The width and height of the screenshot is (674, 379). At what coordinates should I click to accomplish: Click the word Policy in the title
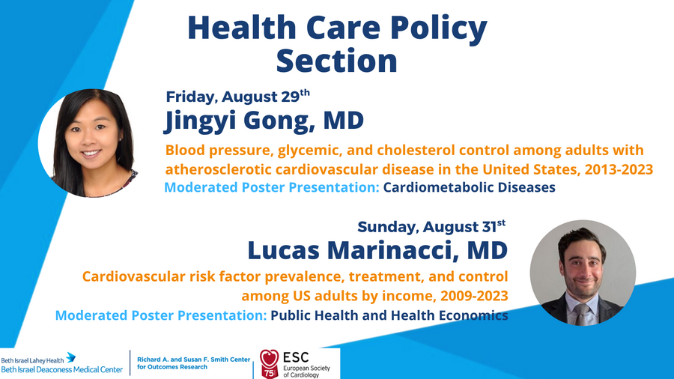point(438,28)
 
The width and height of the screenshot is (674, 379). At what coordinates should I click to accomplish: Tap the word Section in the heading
point(336,61)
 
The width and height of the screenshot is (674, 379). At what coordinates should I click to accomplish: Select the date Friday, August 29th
point(237,97)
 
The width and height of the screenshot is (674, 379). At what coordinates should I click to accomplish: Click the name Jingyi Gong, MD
point(264,121)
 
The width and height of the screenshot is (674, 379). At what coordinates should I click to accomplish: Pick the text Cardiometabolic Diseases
point(470,187)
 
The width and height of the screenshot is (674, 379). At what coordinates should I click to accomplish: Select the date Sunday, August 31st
point(431,226)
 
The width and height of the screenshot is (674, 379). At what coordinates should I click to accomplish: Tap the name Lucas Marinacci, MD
point(378,250)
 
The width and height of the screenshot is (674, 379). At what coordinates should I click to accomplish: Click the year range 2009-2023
point(474,296)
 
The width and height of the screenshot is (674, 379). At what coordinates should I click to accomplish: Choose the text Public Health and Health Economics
point(389,315)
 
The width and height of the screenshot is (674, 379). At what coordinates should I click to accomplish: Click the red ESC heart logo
point(269,363)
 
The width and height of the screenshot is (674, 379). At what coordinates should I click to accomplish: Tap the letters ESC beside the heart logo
point(296,357)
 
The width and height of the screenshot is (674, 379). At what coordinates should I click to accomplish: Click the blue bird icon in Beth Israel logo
point(71,357)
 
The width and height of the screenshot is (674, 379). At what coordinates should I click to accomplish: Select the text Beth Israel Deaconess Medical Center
point(62,369)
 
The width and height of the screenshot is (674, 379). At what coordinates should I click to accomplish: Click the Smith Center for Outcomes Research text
point(193,363)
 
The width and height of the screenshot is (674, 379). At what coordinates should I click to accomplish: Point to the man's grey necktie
point(581,314)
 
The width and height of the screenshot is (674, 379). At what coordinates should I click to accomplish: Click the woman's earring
point(120,139)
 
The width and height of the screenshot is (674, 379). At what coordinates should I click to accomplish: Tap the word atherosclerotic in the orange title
point(219,169)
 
